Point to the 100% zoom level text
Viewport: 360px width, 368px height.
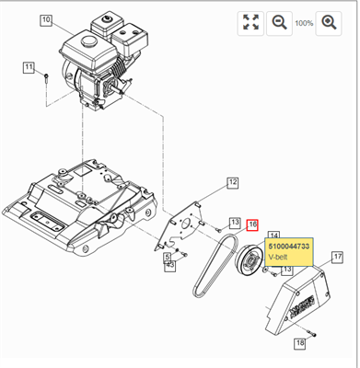(x=304, y=22)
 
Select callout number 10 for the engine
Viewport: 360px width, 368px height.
(x=47, y=19)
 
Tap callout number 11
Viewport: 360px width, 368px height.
(x=29, y=66)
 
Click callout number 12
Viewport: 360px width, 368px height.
(x=232, y=183)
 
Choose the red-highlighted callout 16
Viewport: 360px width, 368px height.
(x=252, y=224)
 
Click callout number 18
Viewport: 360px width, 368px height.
(x=299, y=343)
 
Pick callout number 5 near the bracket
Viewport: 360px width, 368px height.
(x=170, y=265)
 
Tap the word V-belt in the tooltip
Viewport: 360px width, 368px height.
(x=279, y=259)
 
